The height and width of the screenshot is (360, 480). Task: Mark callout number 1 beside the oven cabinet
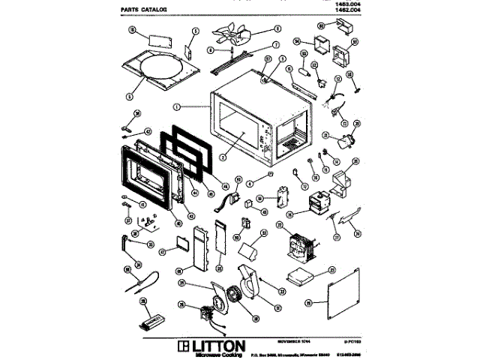click(x=175, y=106)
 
